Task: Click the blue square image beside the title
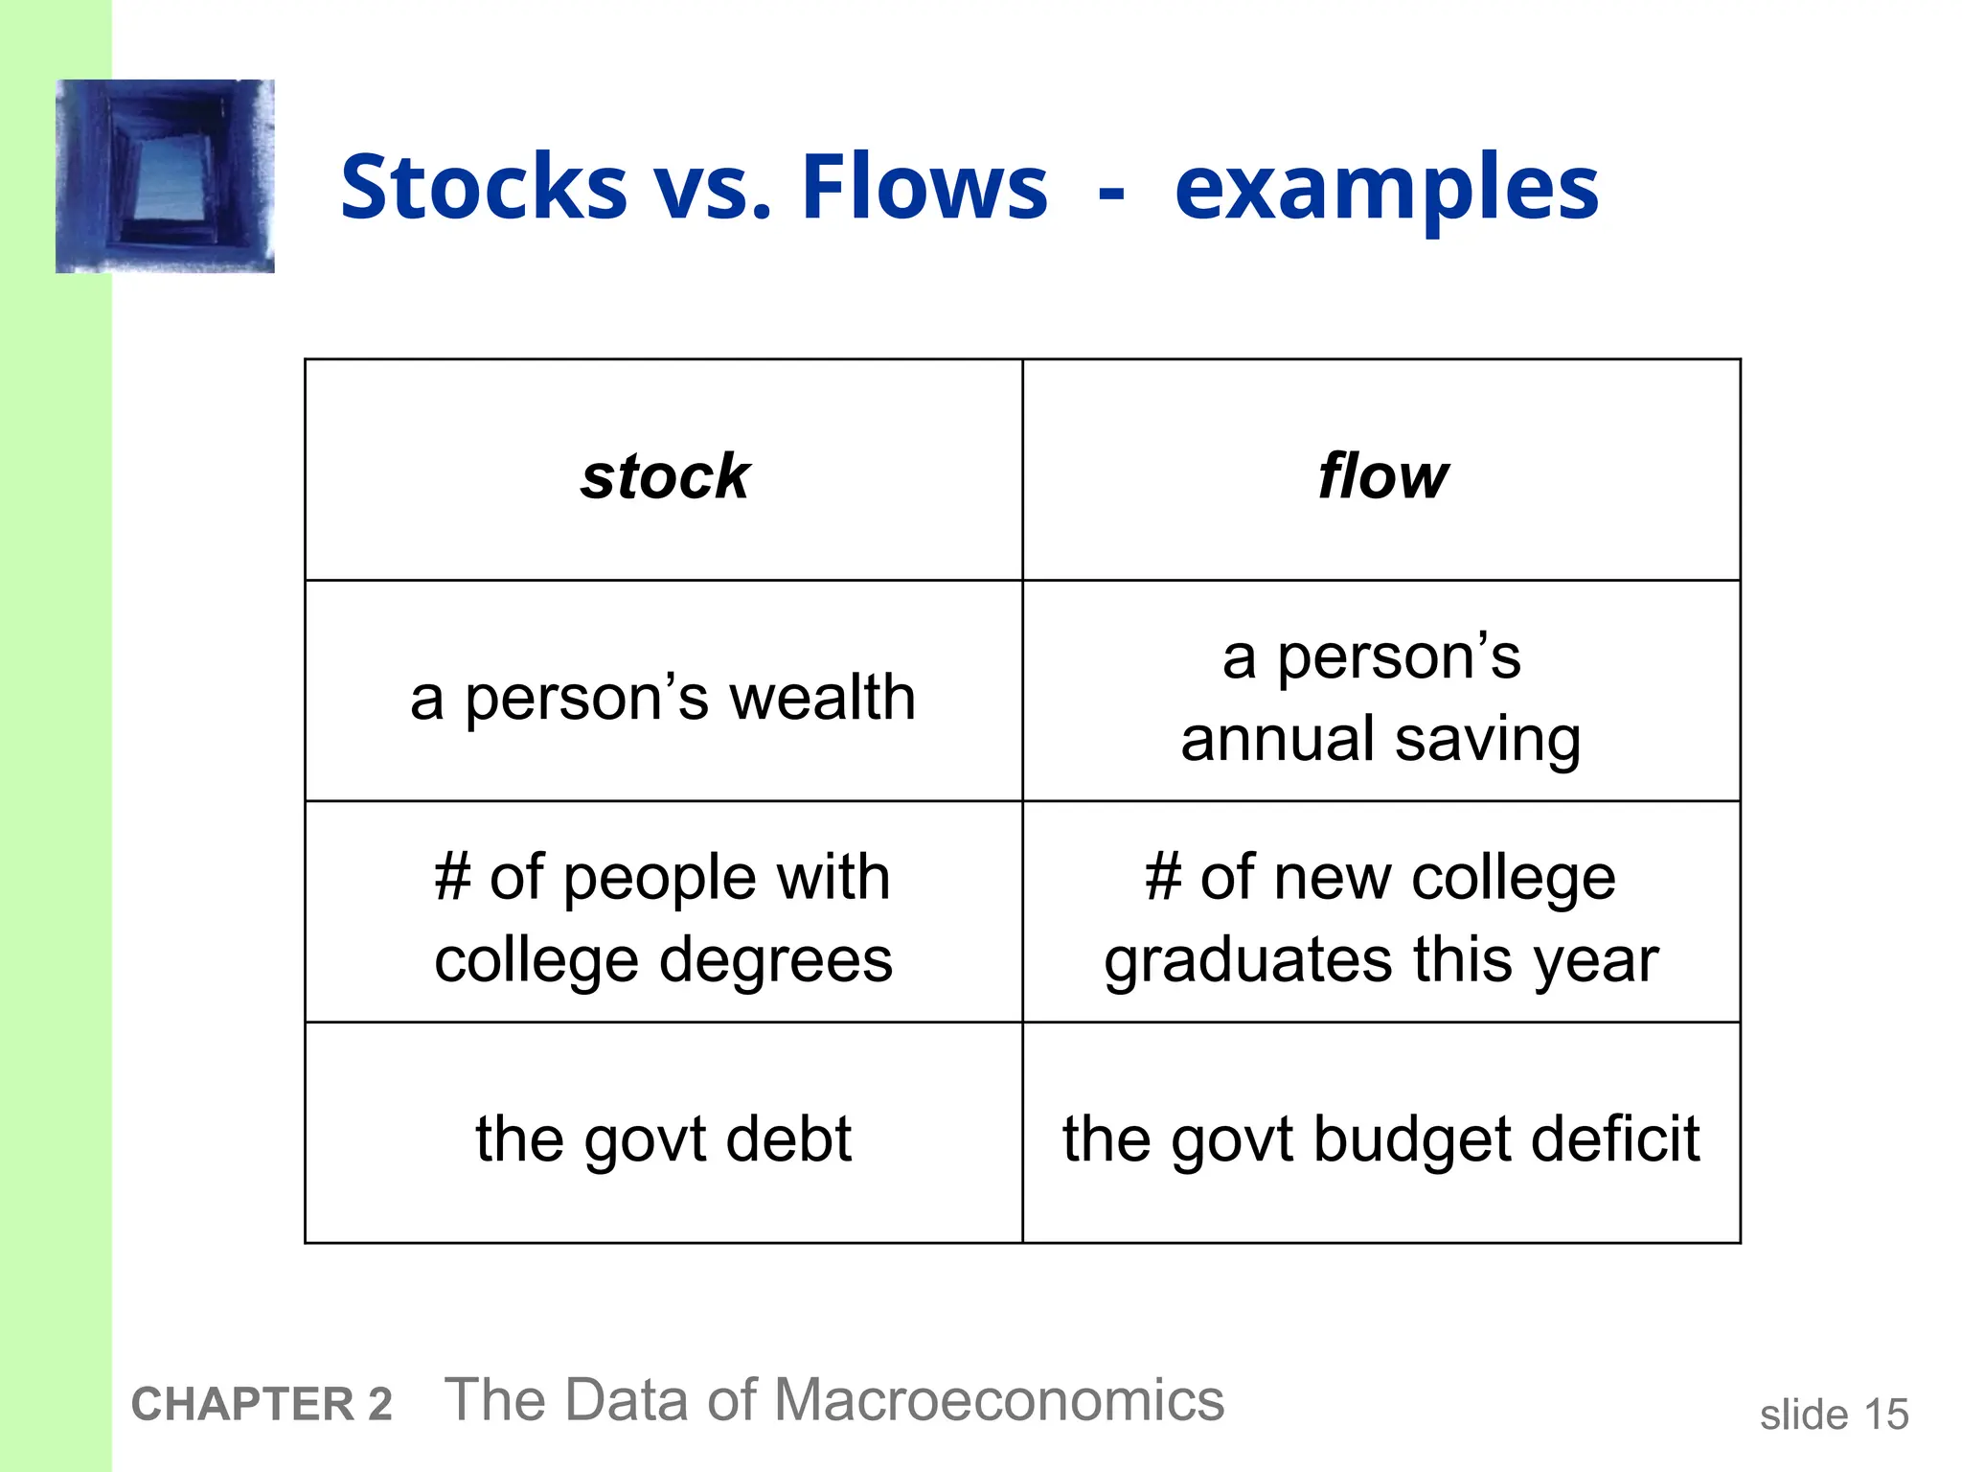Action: click(x=165, y=176)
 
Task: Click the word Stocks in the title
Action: click(x=484, y=187)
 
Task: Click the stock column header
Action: click(x=665, y=476)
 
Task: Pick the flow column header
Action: click(x=1382, y=476)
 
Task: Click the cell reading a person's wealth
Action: click(x=663, y=697)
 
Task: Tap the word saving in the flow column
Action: click(x=1488, y=741)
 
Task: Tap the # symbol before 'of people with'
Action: click(x=452, y=878)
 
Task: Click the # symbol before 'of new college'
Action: click(x=1163, y=878)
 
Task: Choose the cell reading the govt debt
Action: click(x=663, y=1138)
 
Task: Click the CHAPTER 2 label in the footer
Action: click(x=262, y=1405)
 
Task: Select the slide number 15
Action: click(x=1885, y=1414)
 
